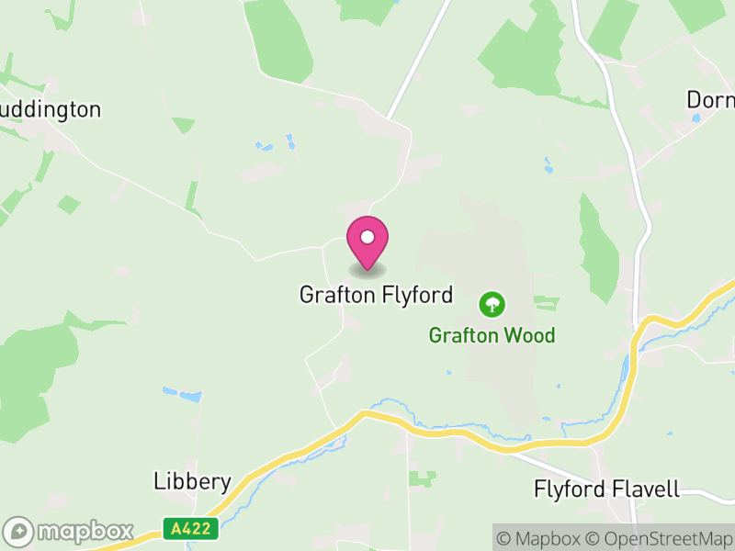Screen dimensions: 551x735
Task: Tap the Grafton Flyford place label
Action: [376, 295]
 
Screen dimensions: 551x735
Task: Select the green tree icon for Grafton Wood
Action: [493, 304]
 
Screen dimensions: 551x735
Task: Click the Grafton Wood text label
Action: [492, 335]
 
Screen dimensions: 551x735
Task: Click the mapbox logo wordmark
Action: [85, 532]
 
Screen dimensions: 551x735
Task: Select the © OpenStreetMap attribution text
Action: [662, 539]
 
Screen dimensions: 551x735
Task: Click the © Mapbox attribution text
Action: [546, 539]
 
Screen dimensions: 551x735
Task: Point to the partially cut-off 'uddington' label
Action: [50, 110]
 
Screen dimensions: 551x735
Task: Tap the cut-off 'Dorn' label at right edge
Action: [711, 99]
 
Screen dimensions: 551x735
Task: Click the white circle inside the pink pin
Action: [367, 238]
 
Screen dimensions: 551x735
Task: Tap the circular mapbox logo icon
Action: [19, 532]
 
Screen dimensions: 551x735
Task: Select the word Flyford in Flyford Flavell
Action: [571, 489]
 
